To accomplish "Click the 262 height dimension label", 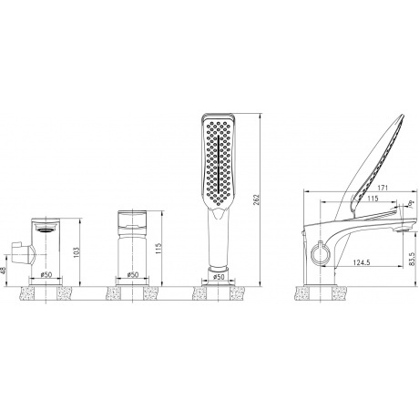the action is [x=257, y=200].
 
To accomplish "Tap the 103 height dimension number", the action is [x=76, y=252].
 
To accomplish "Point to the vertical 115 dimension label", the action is [x=158, y=249].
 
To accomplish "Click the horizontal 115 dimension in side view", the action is [x=373, y=199].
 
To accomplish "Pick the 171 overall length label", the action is [x=383, y=188].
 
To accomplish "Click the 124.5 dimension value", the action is [x=362, y=262].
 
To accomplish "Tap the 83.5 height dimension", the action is [x=412, y=259].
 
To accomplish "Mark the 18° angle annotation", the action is [x=411, y=203].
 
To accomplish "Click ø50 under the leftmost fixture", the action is [x=46, y=274].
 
